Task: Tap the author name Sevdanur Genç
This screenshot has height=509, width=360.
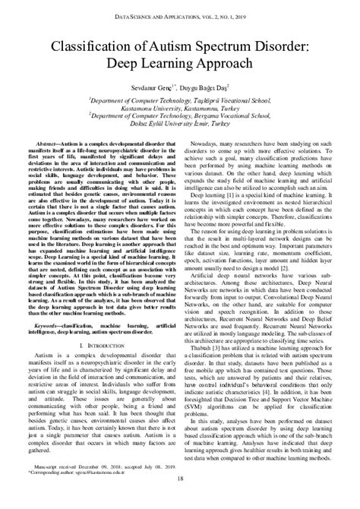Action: (149, 87)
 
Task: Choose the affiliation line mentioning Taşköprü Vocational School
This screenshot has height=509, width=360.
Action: (180, 100)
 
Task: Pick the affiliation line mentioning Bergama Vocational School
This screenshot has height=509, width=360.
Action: (180, 121)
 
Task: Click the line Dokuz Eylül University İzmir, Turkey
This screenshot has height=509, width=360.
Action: (180, 131)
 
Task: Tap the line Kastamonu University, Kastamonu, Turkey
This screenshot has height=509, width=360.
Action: (180, 110)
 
